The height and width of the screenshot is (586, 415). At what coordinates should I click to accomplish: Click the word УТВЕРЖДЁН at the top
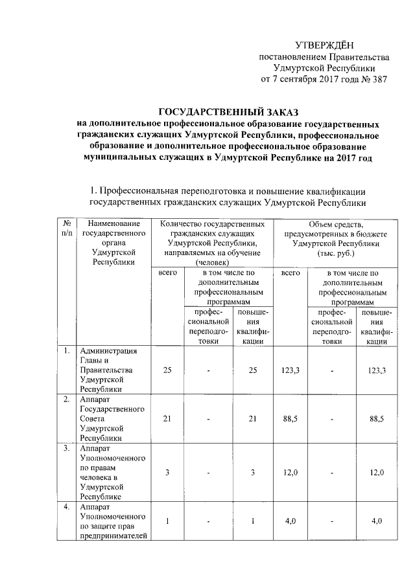(324, 45)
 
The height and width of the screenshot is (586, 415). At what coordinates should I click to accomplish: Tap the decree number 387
(377, 80)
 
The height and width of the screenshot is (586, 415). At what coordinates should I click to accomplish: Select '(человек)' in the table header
(213, 263)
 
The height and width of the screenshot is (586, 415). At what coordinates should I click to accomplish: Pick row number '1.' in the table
(66, 352)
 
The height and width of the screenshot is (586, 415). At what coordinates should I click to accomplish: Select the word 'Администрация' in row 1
(108, 352)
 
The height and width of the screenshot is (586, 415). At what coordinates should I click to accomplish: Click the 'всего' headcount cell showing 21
(167, 419)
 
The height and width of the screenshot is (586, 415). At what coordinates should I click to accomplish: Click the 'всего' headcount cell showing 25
(167, 370)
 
